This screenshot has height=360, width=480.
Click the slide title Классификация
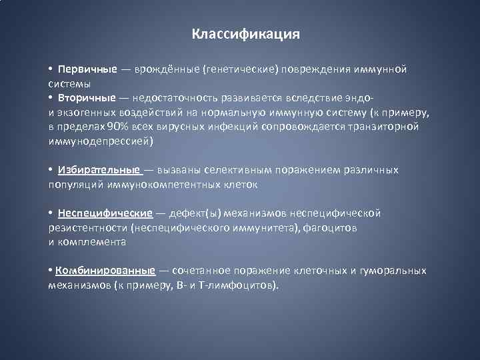tap(246, 33)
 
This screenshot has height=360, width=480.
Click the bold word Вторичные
tap(86, 97)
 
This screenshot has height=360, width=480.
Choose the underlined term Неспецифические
tap(105, 213)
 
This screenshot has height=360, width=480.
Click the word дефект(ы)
tap(195, 213)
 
